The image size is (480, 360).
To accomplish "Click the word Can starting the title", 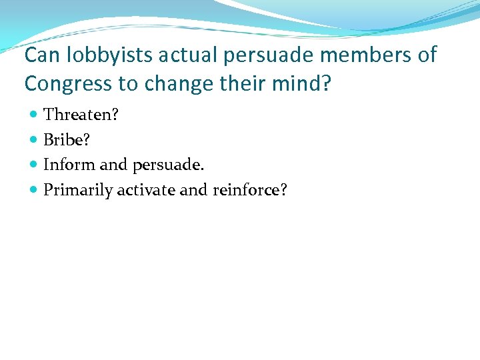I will click(x=39, y=55).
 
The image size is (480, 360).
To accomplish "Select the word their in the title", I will click(x=235, y=83).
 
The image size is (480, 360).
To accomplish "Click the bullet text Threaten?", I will click(x=81, y=115).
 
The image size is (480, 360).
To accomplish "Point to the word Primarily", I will click(x=78, y=191).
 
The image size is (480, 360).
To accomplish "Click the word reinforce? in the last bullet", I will click(x=250, y=190).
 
